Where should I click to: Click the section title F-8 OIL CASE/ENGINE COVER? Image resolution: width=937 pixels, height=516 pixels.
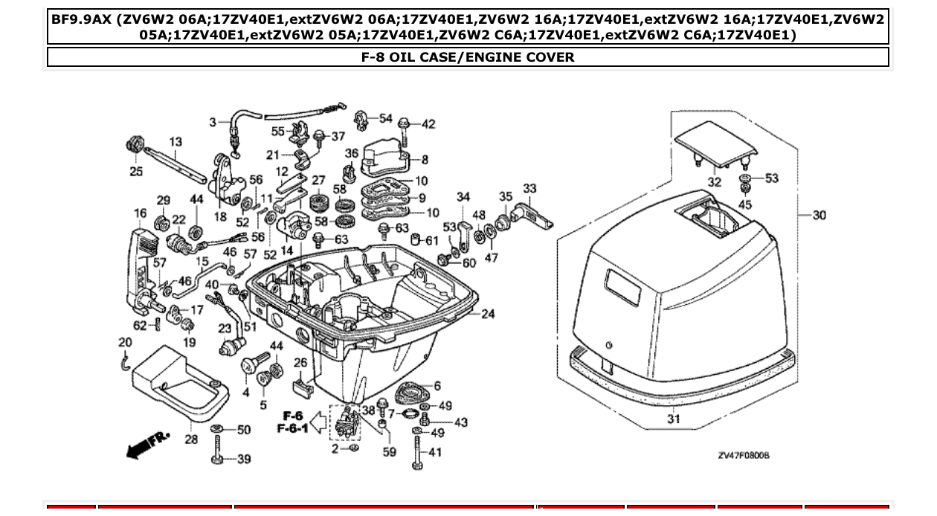468,57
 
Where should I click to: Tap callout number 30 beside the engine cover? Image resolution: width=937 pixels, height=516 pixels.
819,216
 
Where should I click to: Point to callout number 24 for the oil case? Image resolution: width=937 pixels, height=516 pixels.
487,315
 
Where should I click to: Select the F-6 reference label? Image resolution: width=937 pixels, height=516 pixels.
292,416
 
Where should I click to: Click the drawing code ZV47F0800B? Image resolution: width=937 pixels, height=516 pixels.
743,455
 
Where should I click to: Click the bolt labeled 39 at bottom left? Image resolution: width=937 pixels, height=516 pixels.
218,452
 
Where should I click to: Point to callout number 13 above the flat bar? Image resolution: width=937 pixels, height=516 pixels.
176,141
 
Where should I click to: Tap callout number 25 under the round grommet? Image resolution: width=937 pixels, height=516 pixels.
136,172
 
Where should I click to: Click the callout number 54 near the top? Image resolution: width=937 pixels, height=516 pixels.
385,119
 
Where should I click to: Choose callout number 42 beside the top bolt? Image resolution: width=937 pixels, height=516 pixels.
428,124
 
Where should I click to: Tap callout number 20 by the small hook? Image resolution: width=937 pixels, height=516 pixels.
124,343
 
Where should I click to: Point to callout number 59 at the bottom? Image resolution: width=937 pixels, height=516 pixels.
389,451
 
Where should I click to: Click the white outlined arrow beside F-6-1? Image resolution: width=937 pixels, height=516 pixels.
318,424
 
